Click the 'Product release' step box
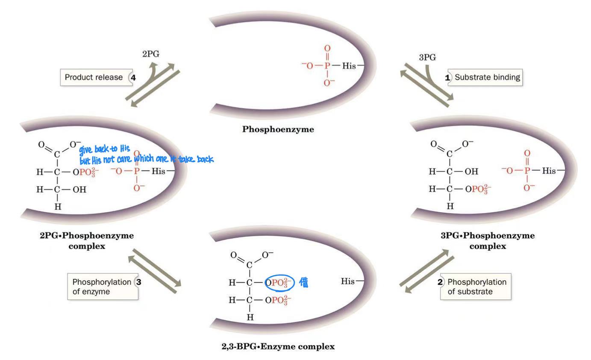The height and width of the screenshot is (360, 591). (91, 78)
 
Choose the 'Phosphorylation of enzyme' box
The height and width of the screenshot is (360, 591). (102, 287)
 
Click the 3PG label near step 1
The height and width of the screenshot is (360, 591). (427, 58)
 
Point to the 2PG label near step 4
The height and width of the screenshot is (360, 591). (150, 54)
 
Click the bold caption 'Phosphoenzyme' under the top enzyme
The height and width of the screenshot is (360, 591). (278, 129)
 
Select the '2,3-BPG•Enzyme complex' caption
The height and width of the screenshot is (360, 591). (278, 346)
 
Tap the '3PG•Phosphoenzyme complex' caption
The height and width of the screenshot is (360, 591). (487, 240)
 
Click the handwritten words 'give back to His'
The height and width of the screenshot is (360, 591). (104, 150)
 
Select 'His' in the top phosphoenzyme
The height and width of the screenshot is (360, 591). (349, 66)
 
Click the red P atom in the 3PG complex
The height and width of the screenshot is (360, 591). (526, 171)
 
